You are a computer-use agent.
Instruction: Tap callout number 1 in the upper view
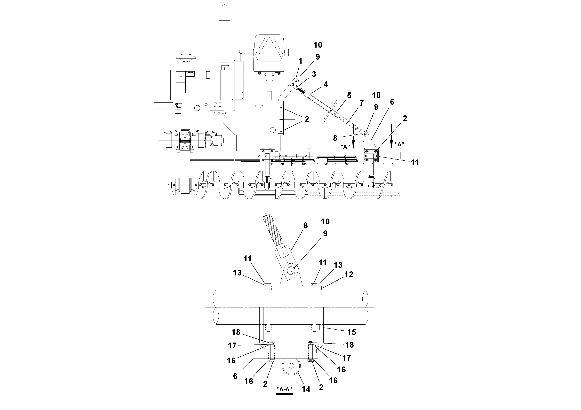[300, 61]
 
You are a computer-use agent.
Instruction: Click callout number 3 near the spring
[314, 74]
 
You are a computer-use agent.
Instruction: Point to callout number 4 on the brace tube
[326, 84]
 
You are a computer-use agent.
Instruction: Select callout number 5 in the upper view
[349, 96]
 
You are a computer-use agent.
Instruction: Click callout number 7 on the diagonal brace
[361, 103]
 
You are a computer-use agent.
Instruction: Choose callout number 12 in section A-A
[349, 275]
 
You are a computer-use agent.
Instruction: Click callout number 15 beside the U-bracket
[352, 332]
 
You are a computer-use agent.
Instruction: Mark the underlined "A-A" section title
[284, 389]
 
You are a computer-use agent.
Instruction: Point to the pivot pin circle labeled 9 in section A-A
[291, 271]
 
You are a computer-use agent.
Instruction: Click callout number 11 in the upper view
[415, 163]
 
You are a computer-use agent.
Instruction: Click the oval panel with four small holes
[216, 113]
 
